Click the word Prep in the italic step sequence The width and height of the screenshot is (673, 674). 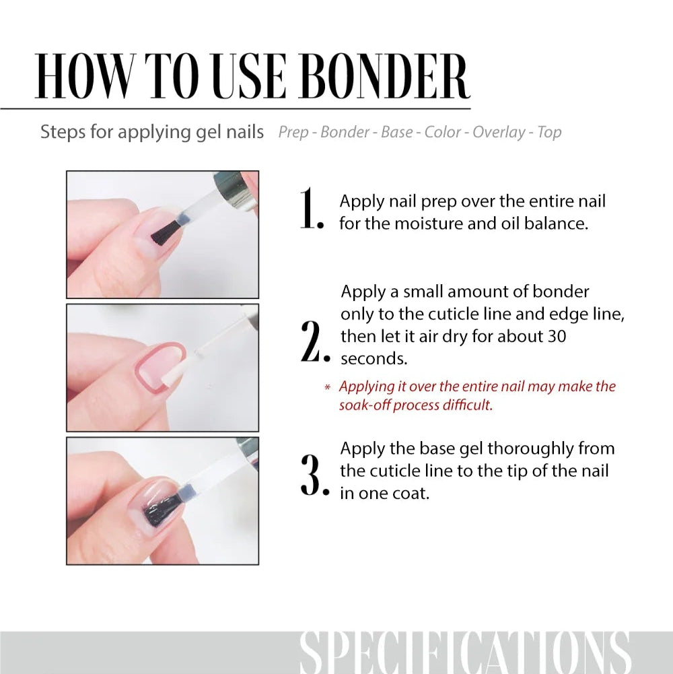(x=293, y=132)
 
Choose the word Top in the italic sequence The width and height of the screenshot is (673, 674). (x=549, y=132)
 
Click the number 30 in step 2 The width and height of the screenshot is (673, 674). (x=557, y=335)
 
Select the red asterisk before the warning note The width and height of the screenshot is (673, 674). (x=328, y=387)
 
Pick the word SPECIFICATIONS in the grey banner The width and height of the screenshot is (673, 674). (x=464, y=652)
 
